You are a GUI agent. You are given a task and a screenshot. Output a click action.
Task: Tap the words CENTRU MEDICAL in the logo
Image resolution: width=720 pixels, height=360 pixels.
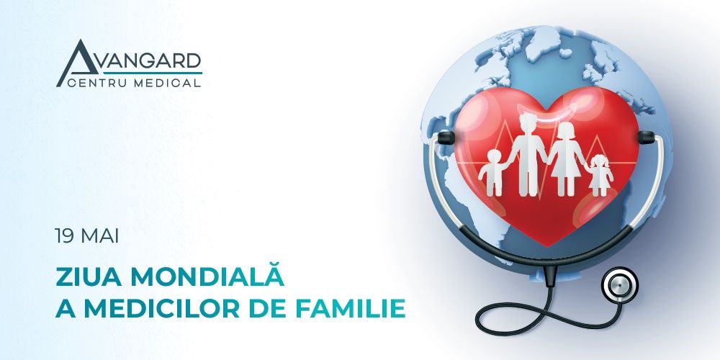click(x=134, y=83)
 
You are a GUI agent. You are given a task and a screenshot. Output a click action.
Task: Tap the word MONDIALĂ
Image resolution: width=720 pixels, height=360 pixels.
click(x=202, y=277)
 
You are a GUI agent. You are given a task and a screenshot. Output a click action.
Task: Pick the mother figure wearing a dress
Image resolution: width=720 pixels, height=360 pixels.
click(x=565, y=158)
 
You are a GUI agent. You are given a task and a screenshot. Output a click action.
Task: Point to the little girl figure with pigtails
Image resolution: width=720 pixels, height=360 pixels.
click(x=599, y=174)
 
